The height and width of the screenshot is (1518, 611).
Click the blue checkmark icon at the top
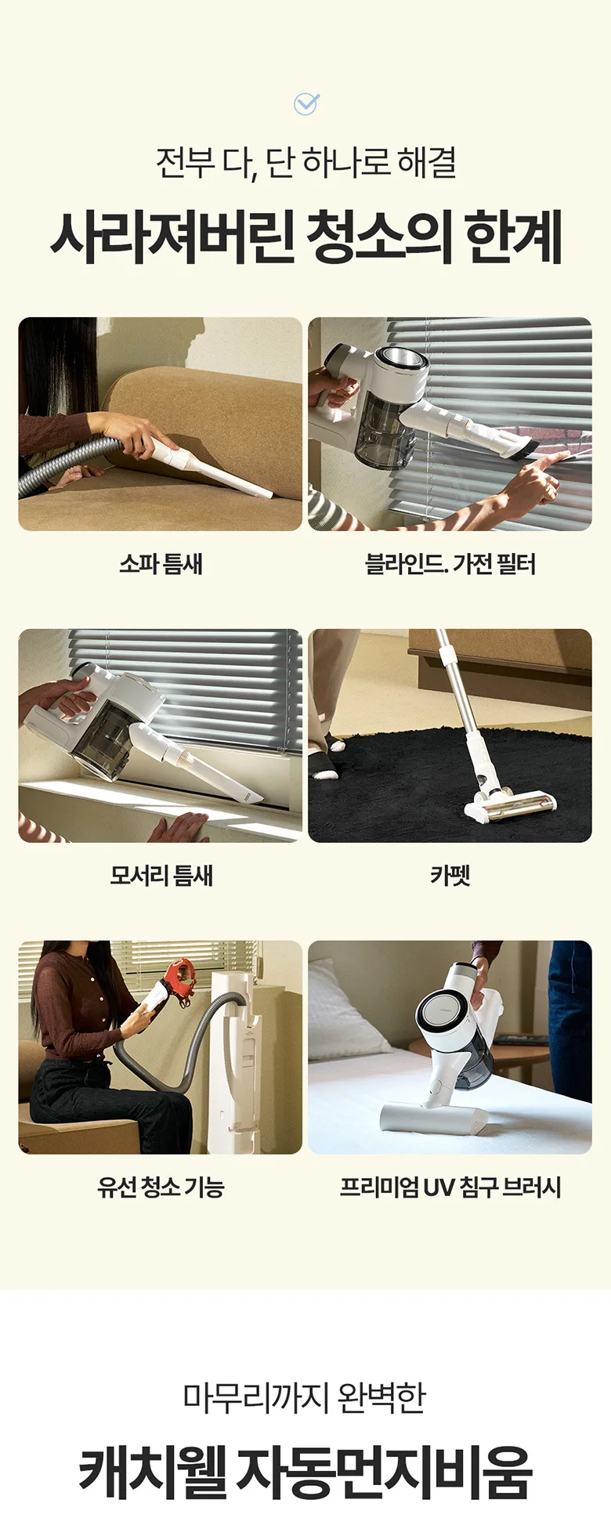point(305,103)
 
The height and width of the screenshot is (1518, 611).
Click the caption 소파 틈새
point(161,563)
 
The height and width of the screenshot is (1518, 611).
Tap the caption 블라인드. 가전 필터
point(450,563)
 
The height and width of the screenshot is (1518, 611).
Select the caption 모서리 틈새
point(161,875)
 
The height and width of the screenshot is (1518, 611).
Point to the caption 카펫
point(450,875)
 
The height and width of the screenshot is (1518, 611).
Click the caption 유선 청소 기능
point(161,1187)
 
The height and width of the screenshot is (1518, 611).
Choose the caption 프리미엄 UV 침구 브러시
point(450,1187)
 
